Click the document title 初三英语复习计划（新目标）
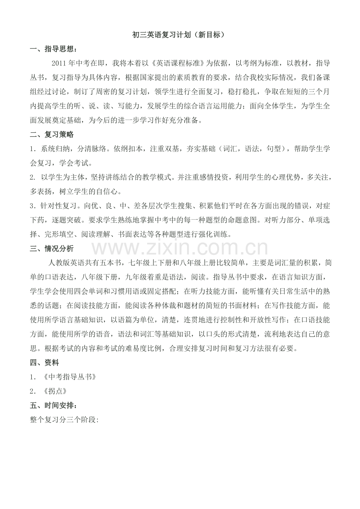pyautogui.click(x=180, y=35)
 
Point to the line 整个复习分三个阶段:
pyautogui.click(x=64, y=419)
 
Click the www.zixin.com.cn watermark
pyautogui.click(x=180, y=248)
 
